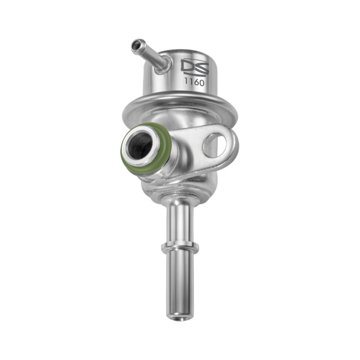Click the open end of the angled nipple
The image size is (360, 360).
(137, 44)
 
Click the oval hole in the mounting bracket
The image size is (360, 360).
(215, 145)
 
